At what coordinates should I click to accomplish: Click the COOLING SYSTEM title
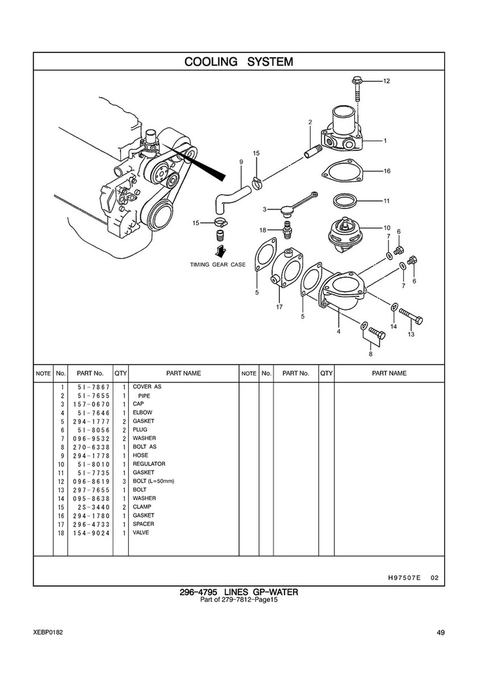pos(238,61)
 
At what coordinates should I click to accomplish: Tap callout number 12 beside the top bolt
pos(386,81)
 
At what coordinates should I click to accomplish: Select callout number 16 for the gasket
pos(387,171)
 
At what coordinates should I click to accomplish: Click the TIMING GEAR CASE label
pos(218,265)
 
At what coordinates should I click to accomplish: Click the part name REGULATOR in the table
pos(149,464)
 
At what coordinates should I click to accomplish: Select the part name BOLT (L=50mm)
pos(153,481)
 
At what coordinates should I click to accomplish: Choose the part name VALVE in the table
pos(141,533)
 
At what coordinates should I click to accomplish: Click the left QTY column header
pos(120,373)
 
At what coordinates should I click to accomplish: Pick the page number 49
pos(441,633)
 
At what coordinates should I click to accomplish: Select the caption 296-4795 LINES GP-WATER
pos(238,592)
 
